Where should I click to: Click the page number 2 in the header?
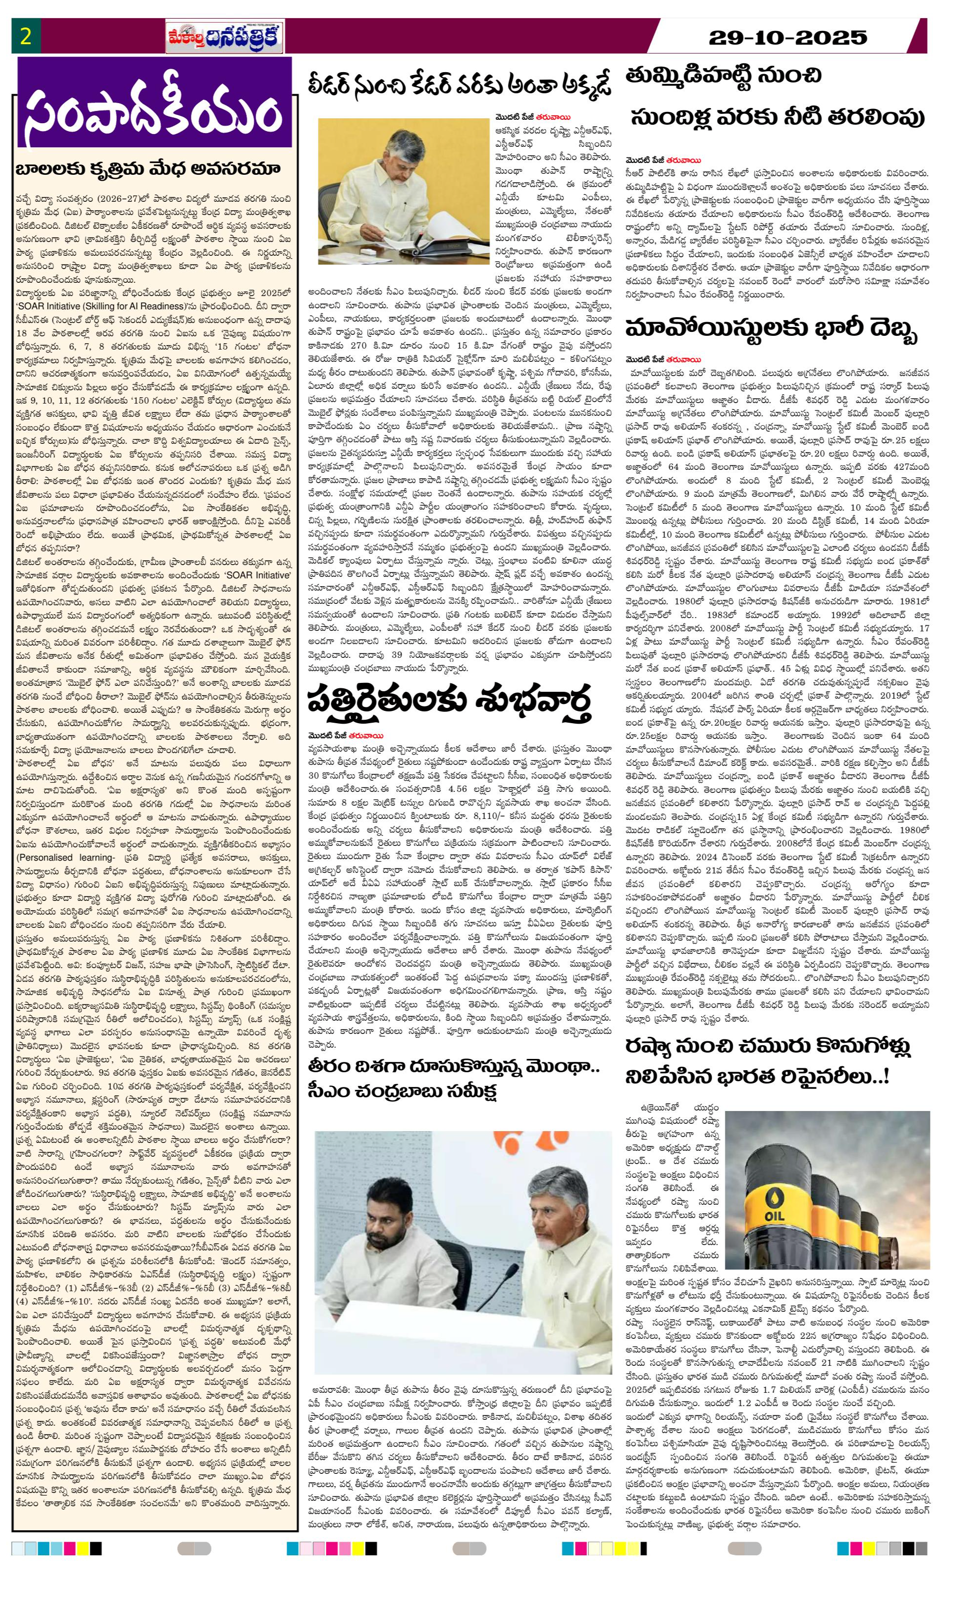26,36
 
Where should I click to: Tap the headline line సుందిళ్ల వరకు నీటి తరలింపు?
777,117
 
